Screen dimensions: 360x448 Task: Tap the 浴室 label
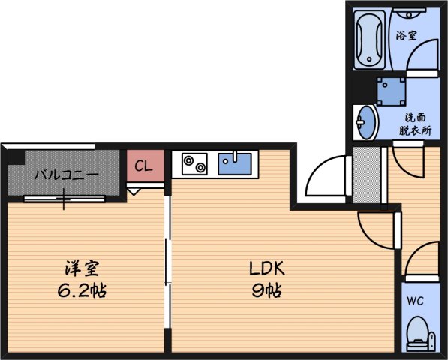(406, 34)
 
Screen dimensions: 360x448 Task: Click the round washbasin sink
(365, 121)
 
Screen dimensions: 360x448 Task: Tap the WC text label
(415, 301)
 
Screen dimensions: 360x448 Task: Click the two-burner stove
(194, 163)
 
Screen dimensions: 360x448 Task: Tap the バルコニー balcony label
(65, 175)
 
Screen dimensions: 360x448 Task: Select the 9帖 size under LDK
(266, 290)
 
